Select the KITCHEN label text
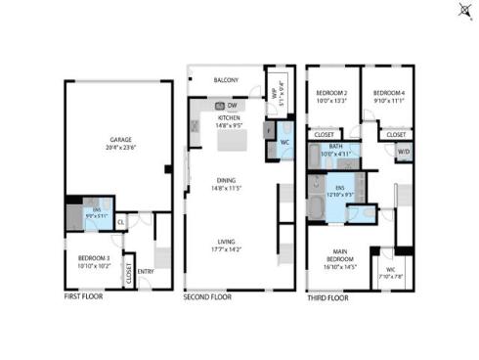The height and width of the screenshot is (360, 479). [x=229, y=116]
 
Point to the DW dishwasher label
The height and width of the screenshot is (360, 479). [x=234, y=105]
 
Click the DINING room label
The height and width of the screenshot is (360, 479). [x=229, y=181]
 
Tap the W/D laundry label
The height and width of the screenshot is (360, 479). [x=403, y=151]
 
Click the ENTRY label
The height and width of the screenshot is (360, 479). [x=146, y=271]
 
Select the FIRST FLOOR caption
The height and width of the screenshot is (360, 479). [x=85, y=295]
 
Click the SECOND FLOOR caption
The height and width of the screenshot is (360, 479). [x=207, y=295]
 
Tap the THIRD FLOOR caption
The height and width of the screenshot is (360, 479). [x=327, y=295]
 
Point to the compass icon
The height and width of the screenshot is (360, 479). [x=462, y=11]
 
